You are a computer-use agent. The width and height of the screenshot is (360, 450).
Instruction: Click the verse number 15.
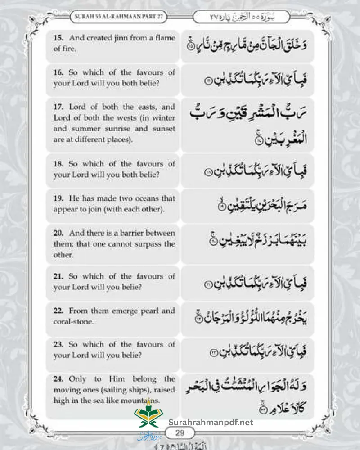(x=58, y=38)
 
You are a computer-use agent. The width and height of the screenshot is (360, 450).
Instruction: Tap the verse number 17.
(x=58, y=107)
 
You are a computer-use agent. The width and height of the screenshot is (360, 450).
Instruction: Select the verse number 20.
(x=58, y=233)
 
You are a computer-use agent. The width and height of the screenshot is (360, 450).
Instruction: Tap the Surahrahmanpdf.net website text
(x=211, y=423)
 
